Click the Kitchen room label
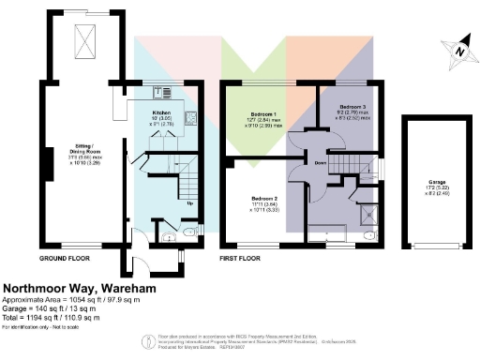click(x=161, y=112)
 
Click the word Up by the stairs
click(x=190, y=203)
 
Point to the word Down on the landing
click(x=320, y=162)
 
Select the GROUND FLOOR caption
click(x=64, y=258)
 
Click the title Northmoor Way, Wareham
click(x=79, y=289)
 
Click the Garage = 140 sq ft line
click(x=52, y=308)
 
